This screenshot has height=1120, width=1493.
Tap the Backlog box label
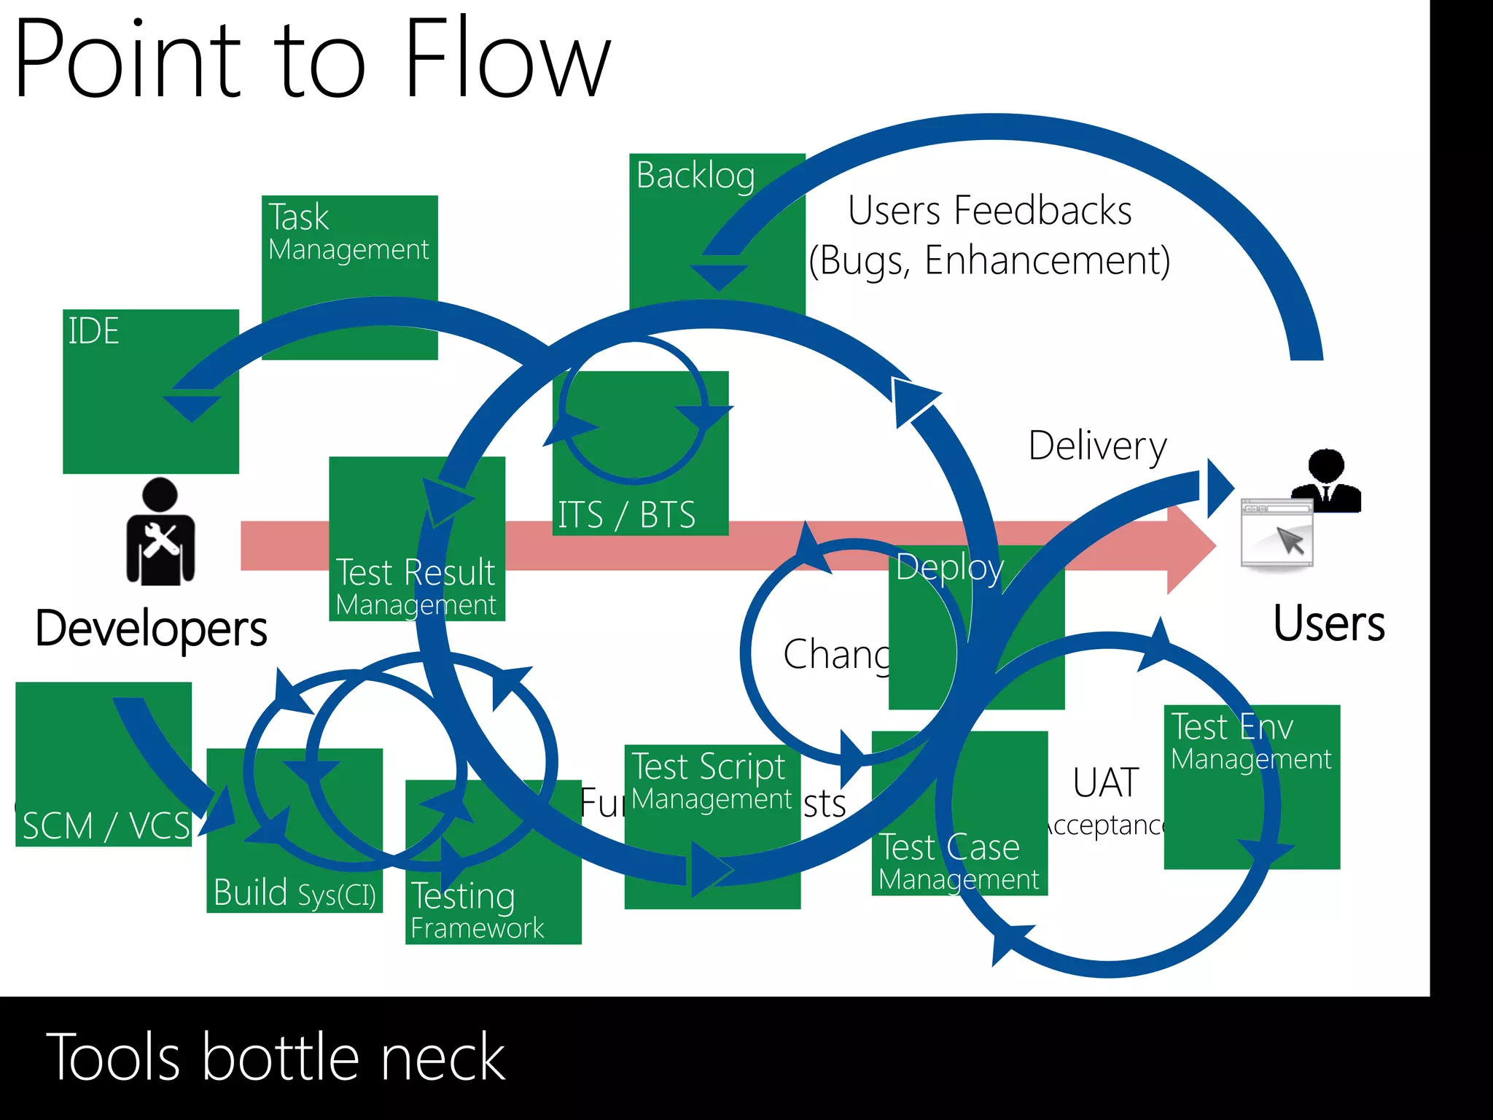point(695,176)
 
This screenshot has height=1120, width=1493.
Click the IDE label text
point(93,331)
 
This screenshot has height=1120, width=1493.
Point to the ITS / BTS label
point(626,515)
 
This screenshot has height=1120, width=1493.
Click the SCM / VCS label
point(106,826)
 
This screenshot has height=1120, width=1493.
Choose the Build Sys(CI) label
point(295,893)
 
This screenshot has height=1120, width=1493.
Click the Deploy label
point(949,567)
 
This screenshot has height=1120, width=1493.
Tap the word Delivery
point(1097,446)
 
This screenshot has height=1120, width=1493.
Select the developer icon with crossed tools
point(160,532)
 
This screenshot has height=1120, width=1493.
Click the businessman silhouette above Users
point(1326,481)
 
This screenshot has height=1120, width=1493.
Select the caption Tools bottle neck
point(276,1057)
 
